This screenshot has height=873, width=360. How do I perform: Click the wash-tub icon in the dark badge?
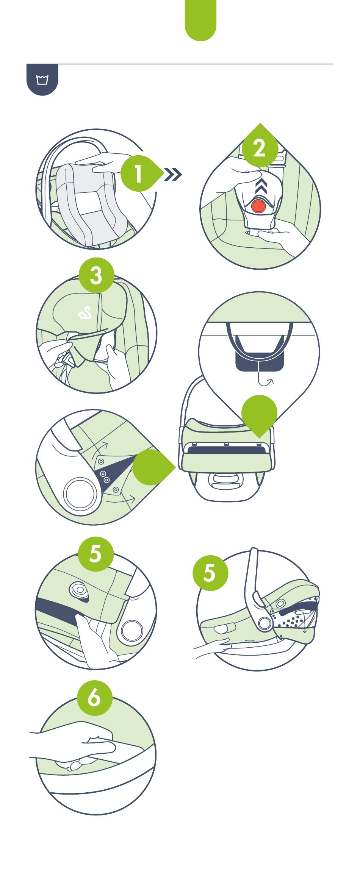pos(42,80)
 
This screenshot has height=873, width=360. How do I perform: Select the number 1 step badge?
pos(138,174)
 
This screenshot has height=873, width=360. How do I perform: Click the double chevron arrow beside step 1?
pos(173,175)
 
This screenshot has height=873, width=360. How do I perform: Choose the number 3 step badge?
pos(96,275)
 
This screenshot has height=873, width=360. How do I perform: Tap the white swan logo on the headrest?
pos(85,312)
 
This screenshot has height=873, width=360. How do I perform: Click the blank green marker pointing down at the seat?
pos(259,414)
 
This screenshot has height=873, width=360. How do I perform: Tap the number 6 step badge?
pos(94,697)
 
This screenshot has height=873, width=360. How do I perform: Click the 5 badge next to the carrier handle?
pos(210,573)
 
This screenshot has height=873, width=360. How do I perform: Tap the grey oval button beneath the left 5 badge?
pos(79,589)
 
